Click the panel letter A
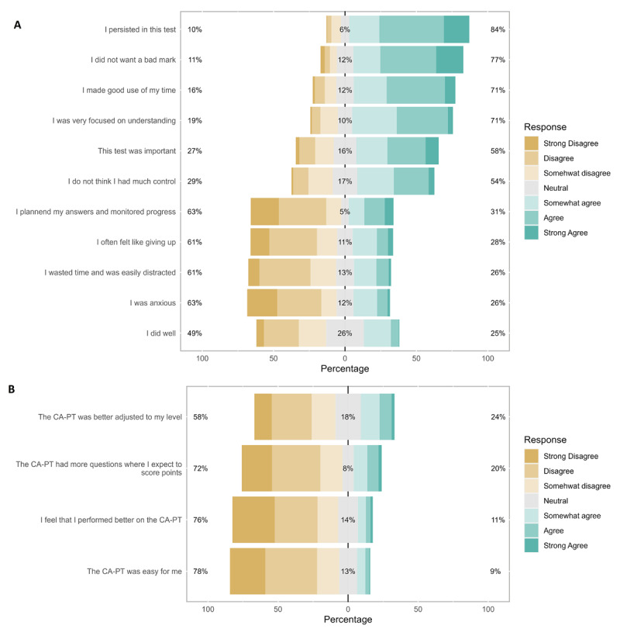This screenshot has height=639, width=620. point(17,25)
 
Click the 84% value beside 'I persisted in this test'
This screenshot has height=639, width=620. point(498,29)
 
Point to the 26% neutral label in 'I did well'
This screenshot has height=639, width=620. point(345,333)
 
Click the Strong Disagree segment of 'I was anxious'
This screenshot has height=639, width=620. point(262,302)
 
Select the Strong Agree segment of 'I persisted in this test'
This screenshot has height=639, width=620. point(456,29)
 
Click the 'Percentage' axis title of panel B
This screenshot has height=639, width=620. point(348,620)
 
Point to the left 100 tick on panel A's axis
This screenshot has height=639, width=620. point(202,358)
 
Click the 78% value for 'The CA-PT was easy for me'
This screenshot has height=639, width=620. point(200,572)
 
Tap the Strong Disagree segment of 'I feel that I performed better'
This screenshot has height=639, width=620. point(253,520)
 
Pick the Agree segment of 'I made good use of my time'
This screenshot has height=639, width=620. point(415,90)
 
